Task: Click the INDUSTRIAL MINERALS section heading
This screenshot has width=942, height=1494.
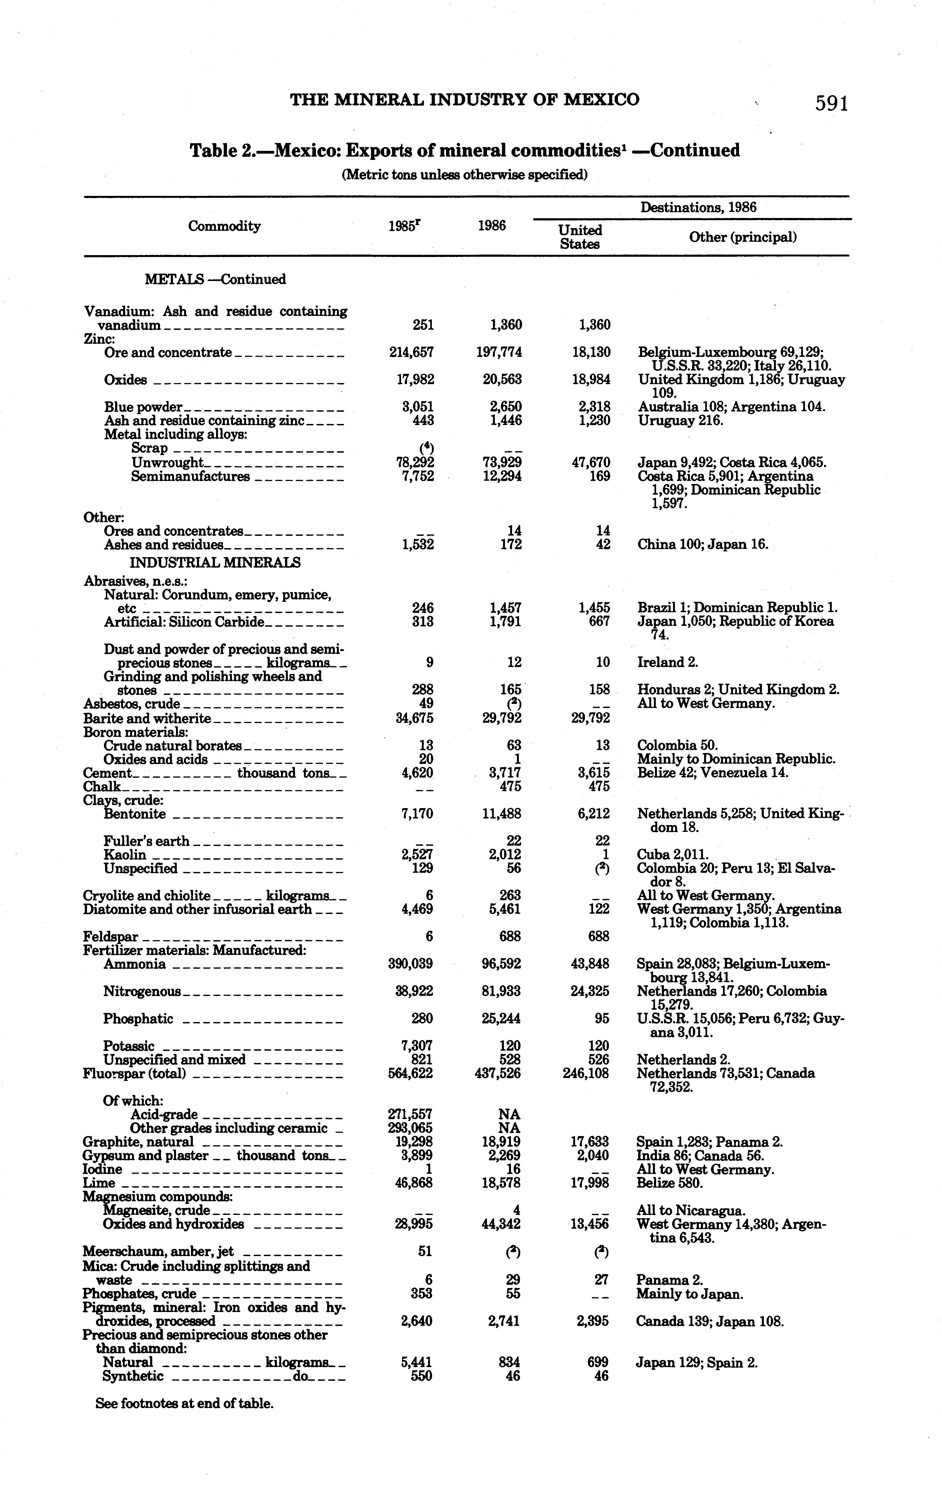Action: [215, 563]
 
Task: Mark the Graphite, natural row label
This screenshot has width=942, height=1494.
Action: [138, 1142]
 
